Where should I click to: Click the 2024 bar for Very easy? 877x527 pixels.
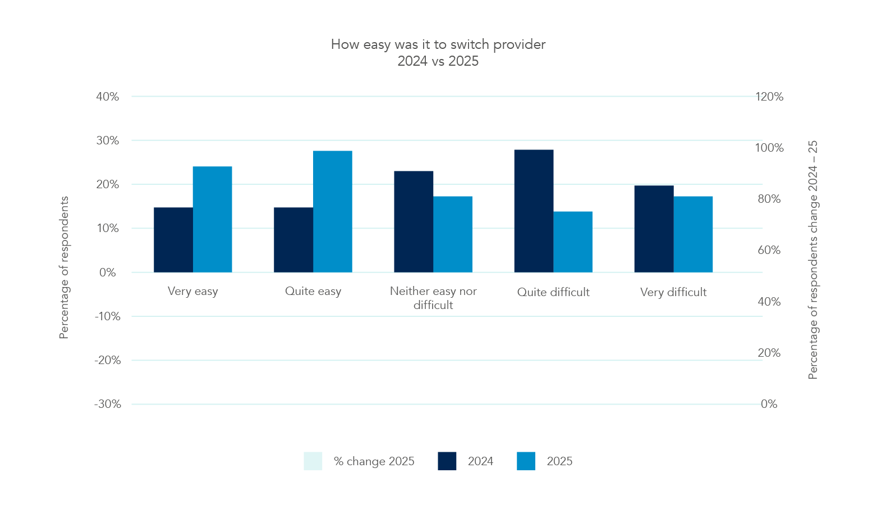pos(173,240)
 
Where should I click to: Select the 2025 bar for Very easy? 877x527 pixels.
pos(213,219)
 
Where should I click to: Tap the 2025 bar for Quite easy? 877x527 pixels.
pos(333,211)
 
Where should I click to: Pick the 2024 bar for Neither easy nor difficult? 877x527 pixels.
pos(414,221)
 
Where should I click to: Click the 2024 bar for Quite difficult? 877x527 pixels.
pos(534,211)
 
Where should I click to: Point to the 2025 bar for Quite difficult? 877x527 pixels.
pos(573,242)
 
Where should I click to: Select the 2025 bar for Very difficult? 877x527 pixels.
pos(693,234)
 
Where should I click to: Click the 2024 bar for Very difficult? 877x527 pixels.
pos(654,229)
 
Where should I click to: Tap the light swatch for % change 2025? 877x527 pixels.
pos(313,461)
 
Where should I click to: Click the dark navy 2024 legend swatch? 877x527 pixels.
pos(447,461)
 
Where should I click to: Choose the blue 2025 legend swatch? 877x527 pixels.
pos(526,461)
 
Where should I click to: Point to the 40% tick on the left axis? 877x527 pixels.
pos(108,97)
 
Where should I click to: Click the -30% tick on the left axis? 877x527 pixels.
pos(108,404)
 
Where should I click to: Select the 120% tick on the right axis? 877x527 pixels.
pos(769,97)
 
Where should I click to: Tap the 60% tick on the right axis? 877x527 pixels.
pos(769,250)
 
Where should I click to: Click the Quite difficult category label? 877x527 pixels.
pos(553,292)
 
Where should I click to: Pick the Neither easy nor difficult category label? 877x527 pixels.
pos(433,298)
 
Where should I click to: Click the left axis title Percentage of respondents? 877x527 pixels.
pos(64,267)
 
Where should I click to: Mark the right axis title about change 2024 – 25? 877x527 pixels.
pos(813,260)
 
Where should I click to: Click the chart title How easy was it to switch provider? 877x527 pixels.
pos(438,44)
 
